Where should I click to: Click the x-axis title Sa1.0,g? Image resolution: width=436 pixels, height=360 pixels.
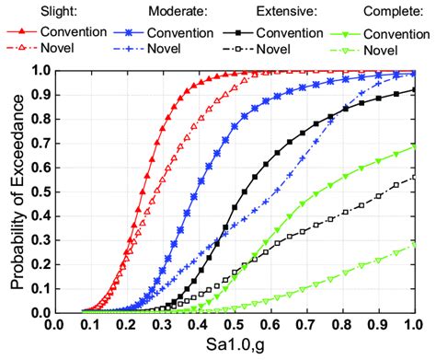(x=233, y=349)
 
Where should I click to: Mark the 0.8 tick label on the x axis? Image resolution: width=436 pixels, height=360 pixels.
(x=340, y=325)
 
